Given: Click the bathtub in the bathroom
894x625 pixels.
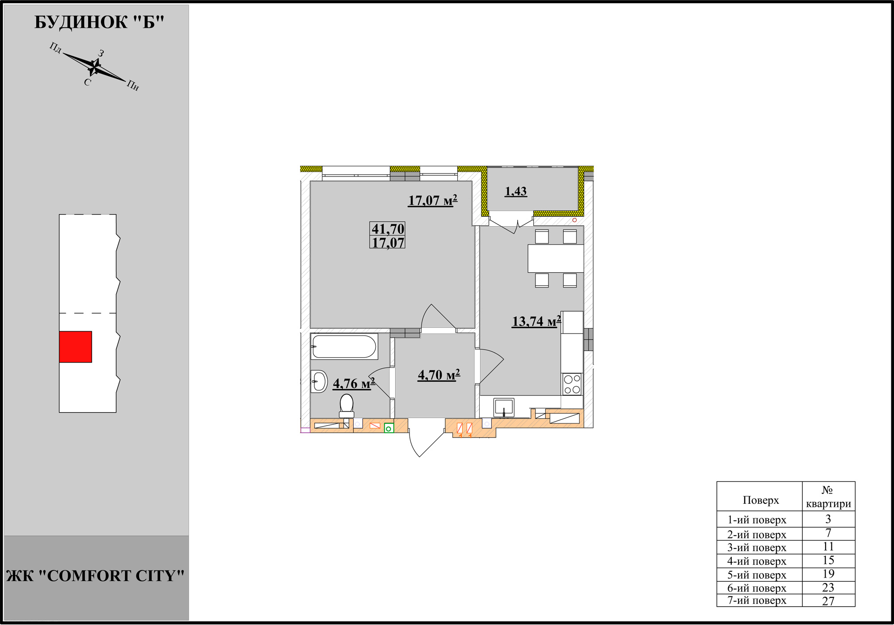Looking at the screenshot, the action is (344, 346).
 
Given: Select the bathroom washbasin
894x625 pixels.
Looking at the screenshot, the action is (319, 381).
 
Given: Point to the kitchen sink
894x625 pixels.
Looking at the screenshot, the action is (504, 408).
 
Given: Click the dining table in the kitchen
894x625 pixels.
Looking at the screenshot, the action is (556, 258).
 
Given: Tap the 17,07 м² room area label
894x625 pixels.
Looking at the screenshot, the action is (433, 200).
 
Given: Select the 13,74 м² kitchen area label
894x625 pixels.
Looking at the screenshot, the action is (536, 321).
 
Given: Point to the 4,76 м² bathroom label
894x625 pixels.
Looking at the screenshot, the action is (354, 383).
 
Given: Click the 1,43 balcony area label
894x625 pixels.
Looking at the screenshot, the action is (516, 191).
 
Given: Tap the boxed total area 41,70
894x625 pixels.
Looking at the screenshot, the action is (388, 228).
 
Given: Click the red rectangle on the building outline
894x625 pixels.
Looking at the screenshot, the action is (76, 346).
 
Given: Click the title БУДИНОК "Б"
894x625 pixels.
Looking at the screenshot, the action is (99, 22).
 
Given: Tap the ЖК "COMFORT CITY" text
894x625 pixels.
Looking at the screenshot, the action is (96, 576).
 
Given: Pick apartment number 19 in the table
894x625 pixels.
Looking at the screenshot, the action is (828, 574).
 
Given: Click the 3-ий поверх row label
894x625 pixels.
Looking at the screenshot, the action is (757, 548).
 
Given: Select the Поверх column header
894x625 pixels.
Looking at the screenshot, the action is (760, 500).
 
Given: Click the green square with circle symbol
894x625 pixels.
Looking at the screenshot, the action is (389, 429).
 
